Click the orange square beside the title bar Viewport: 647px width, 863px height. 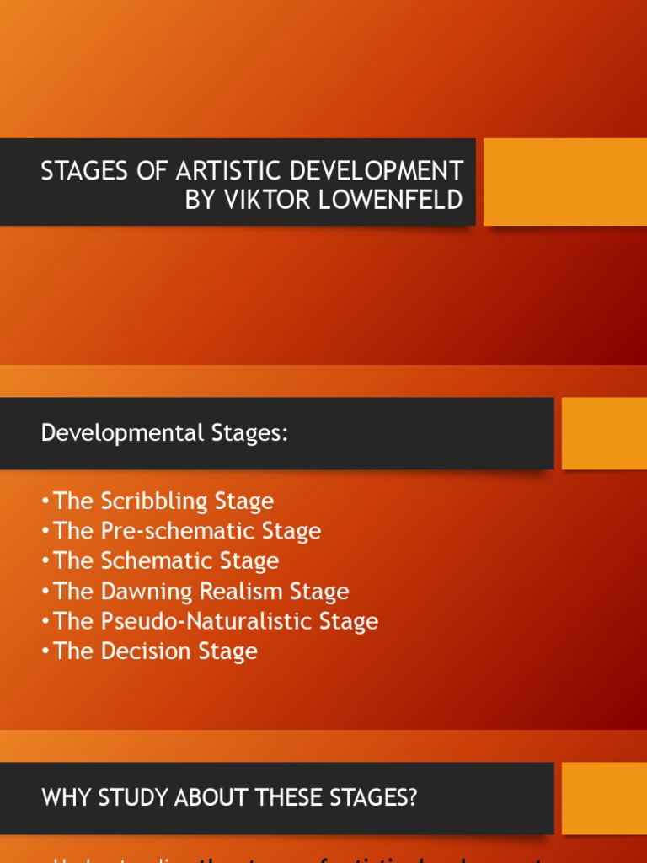click(x=564, y=182)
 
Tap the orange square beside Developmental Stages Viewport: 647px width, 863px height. click(x=604, y=433)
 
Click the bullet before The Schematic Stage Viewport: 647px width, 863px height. click(x=45, y=561)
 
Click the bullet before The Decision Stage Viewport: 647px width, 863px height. click(x=45, y=651)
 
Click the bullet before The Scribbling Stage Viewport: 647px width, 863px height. click(x=45, y=501)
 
